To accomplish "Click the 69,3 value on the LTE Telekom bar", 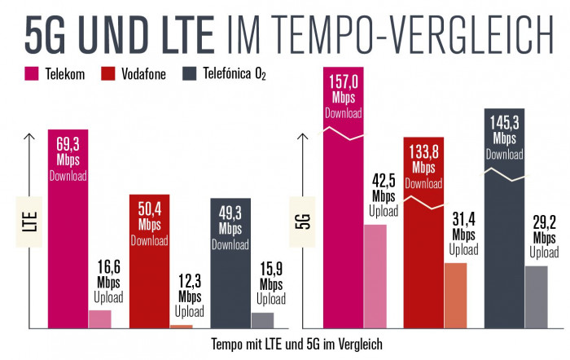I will point(68,143).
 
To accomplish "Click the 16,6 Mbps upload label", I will point(108,268).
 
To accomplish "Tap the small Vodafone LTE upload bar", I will point(182,326).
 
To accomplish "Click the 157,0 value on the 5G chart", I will point(344,82).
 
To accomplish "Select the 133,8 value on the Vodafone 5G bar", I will point(423,152).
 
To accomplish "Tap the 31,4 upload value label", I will point(464,219).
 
